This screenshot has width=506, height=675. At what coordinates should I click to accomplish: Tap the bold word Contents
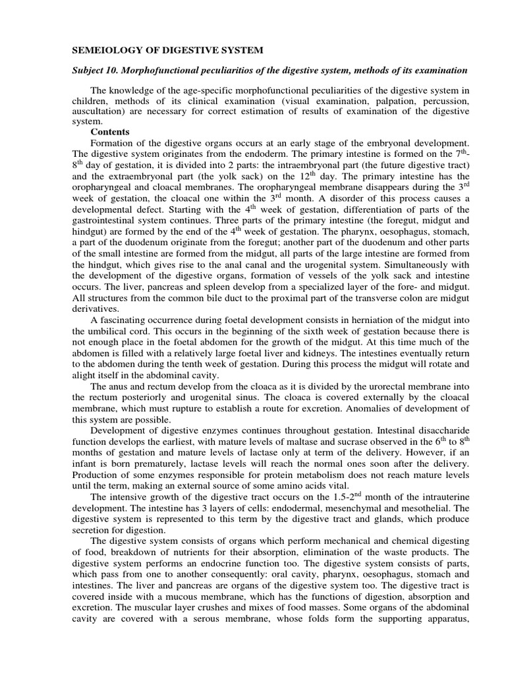[110, 132]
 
